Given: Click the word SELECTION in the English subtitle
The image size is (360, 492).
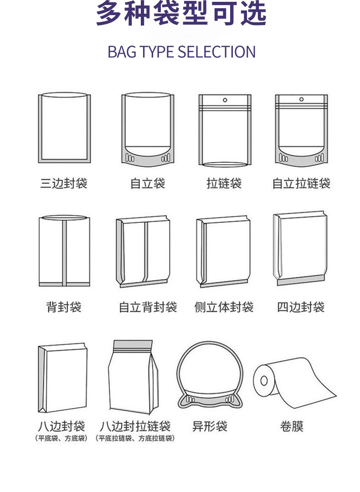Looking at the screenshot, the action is coord(216,52).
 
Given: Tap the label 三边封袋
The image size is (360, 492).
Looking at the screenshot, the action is coord(63,184).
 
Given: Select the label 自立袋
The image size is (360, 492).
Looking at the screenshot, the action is coord(147,184).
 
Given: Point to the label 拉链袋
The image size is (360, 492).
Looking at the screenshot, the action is coord(224,184).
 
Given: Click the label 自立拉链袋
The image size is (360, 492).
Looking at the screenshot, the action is coord(301,184).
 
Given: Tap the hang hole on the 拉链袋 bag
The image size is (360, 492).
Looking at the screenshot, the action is coord(224,100).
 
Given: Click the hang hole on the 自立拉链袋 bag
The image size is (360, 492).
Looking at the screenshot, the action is coord(301,99).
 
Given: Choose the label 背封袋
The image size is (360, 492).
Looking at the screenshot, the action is coord(63,307).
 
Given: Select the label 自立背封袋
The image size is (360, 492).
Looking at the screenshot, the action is coord(148,307).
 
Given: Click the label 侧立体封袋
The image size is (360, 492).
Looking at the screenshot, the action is coord(224,307).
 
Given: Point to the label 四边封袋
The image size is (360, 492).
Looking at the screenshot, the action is coord(301,307).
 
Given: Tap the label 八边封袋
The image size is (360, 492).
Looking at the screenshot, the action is coord(62,427).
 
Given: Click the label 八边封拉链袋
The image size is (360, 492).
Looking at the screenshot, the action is coord(135,427).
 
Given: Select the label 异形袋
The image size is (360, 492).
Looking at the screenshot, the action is coord(210,427).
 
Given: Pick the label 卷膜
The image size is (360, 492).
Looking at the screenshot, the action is coord(291,427).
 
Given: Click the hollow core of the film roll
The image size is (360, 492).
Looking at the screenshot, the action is coord(263,381).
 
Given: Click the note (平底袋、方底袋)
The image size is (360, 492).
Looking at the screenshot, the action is coord(62,439).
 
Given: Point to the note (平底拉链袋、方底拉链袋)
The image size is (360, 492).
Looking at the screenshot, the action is coord(135,439).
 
